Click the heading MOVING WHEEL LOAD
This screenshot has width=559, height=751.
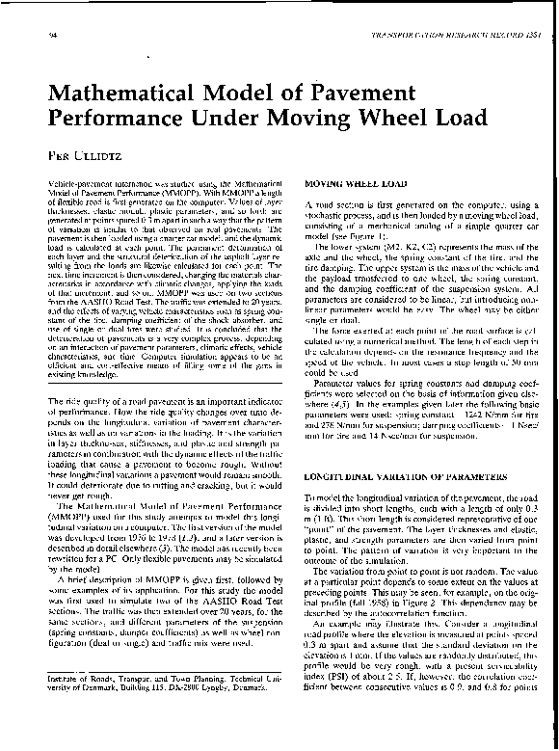pos(346,183)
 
